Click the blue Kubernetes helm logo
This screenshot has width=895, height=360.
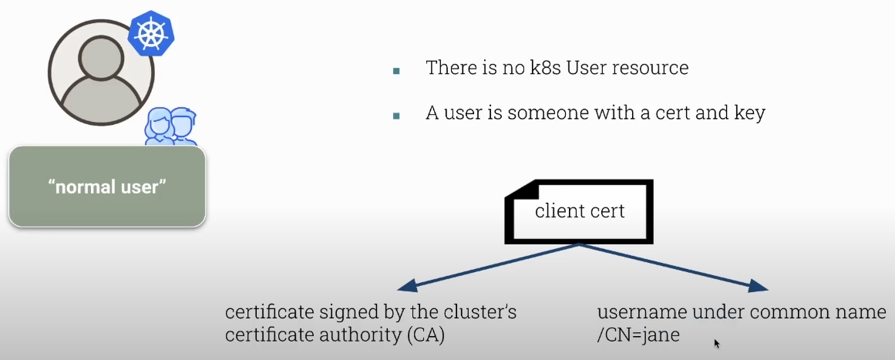coord(151,34)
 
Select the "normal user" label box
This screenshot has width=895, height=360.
coord(107,187)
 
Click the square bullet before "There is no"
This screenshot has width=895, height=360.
coord(396,70)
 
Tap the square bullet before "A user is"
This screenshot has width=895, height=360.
coord(396,116)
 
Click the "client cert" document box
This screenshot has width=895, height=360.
coord(579,211)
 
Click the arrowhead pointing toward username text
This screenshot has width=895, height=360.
coord(759,288)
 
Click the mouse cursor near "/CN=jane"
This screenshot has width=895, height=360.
coord(717,343)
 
